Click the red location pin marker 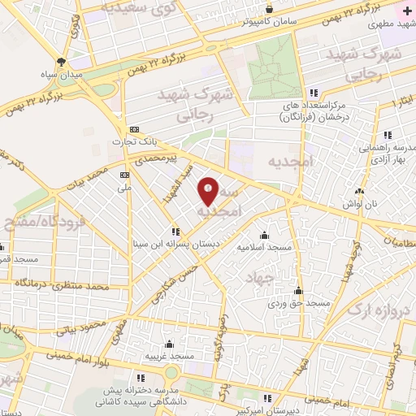point(208,190)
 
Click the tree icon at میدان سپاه point(63,63)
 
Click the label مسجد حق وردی point(301,302)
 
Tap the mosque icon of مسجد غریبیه point(169,344)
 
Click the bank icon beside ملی point(124,175)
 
